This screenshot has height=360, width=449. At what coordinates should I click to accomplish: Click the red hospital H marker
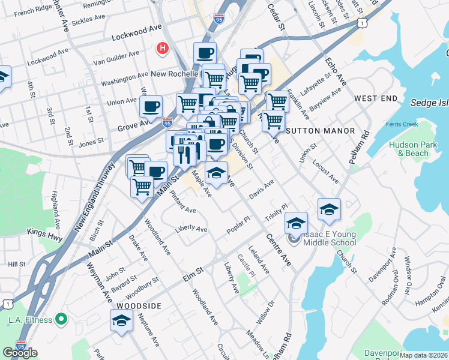162,48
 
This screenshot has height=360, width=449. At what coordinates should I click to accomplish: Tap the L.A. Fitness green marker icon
60,319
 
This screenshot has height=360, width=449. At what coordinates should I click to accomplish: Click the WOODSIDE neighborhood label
139,306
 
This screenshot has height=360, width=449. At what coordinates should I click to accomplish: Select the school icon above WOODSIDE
121,322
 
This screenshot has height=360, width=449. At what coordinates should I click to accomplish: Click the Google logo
20,352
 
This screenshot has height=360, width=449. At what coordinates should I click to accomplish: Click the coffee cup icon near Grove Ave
150,107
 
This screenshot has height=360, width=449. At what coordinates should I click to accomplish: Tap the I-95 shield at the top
219,19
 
